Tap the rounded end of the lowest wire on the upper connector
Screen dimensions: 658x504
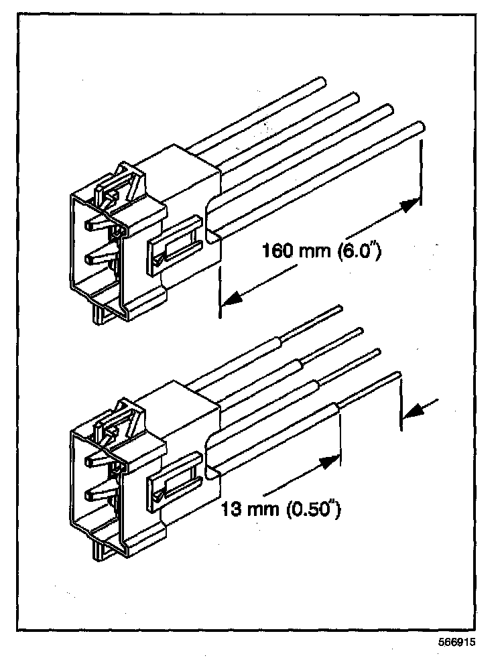420,125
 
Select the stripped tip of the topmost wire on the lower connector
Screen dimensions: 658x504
339,309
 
